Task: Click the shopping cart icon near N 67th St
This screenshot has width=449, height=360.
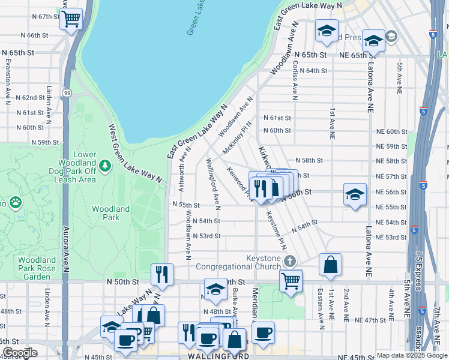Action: pyautogui.click(x=71, y=19)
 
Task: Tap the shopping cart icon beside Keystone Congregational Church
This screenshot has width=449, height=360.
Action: pyautogui.click(x=291, y=280)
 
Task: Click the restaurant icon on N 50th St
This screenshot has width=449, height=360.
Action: pyautogui.click(x=162, y=274)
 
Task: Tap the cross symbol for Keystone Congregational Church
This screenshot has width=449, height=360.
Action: pyautogui.click(x=290, y=261)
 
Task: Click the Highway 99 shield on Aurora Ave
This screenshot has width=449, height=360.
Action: pyautogui.click(x=65, y=93)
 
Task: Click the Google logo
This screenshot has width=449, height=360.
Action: pyautogui.click(x=20, y=353)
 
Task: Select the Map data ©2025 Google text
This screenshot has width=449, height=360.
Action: pyautogui.click(x=411, y=355)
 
